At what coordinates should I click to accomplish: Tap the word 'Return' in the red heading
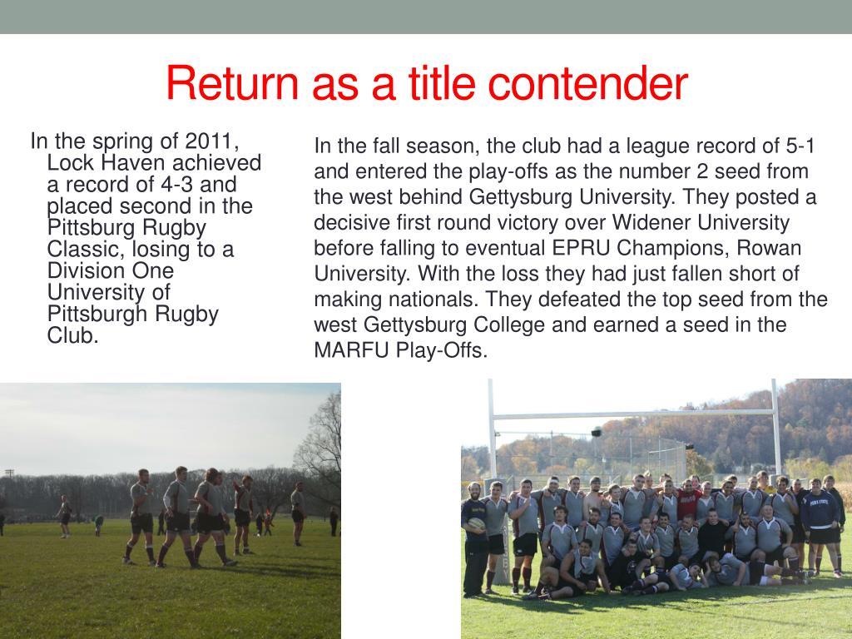pyautogui.click(x=231, y=83)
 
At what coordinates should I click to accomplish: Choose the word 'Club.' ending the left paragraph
pyautogui.click(x=73, y=335)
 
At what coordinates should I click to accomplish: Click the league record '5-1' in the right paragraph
pyautogui.click(x=800, y=146)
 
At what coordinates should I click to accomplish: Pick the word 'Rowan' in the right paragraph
pyautogui.click(x=774, y=248)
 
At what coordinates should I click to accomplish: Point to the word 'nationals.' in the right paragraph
pyautogui.click(x=440, y=299)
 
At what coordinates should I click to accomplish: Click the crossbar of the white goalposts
pyautogui.click(x=632, y=414)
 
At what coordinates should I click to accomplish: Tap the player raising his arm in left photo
pyautogui.click(x=242, y=499)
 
